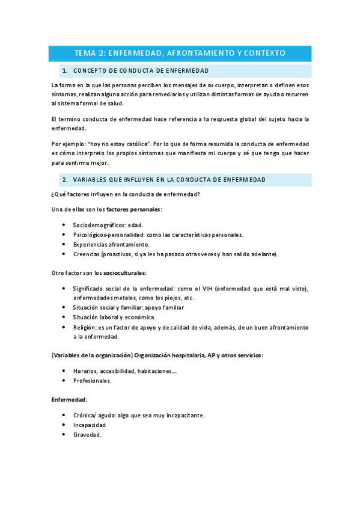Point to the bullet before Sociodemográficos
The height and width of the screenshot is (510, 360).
click(64, 225)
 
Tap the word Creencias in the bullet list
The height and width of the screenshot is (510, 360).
click(85, 254)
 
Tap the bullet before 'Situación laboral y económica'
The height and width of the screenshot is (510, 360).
click(64, 318)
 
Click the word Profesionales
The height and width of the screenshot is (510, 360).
click(92, 381)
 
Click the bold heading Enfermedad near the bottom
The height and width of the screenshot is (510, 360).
click(69, 399)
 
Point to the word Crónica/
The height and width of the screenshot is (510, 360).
click(87, 415)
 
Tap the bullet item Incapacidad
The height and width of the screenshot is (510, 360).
click(90, 425)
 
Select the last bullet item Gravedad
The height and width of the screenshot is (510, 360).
click(87, 434)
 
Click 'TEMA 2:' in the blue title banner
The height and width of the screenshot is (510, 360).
click(90, 54)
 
